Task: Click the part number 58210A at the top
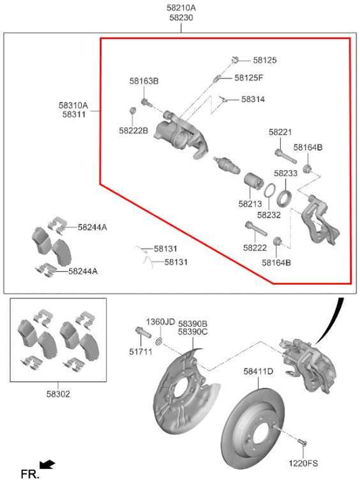tap(180, 8)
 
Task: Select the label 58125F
tap(249, 78)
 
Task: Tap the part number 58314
tap(253, 99)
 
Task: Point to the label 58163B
tap(144, 81)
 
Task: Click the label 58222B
tap(133, 130)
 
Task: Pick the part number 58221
tap(280, 132)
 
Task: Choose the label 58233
tap(286, 173)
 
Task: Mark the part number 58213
tap(249, 202)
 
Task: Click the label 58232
tap(269, 215)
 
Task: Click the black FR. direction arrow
tap(47, 464)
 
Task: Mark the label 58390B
tap(192, 324)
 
